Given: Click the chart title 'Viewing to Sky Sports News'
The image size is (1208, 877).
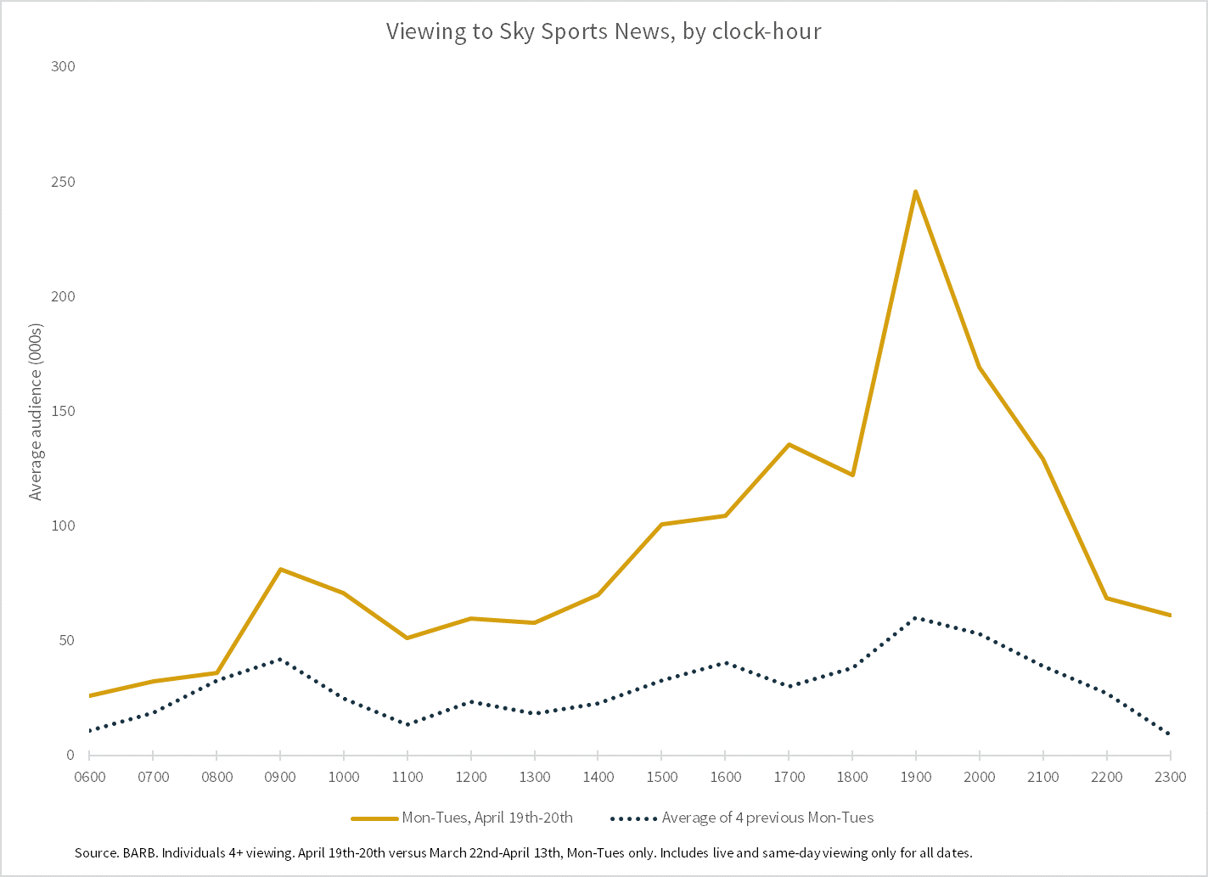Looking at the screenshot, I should tap(603, 31).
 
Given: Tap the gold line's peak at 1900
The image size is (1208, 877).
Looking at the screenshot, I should tap(915, 191).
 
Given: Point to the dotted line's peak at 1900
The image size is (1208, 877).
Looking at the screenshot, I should tap(915, 617).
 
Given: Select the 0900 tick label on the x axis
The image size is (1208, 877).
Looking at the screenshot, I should tap(279, 777).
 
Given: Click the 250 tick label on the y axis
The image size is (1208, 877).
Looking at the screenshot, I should tap(63, 182).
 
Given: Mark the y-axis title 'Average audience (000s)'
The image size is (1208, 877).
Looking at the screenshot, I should tap(36, 412).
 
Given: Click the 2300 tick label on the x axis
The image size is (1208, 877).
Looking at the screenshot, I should tap(1170, 777).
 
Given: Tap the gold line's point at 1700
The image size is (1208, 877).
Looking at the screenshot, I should tap(789, 444).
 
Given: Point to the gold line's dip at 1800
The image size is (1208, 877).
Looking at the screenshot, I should tap(852, 475).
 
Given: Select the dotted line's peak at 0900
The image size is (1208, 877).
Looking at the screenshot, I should tap(279, 659).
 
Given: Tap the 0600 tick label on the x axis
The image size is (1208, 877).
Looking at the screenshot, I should tap(89, 777).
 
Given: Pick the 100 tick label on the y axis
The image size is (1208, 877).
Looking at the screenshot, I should tap(63, 526).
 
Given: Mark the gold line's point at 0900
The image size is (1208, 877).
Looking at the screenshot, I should tap(279, 569).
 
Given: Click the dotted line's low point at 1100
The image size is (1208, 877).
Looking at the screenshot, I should tap(407, 724).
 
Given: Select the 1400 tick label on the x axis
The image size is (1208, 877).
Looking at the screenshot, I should tap(598, 777).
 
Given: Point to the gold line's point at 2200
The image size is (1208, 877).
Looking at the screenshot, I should tap(1106, 598).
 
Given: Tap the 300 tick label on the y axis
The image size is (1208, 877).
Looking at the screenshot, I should tap(63, 66).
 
